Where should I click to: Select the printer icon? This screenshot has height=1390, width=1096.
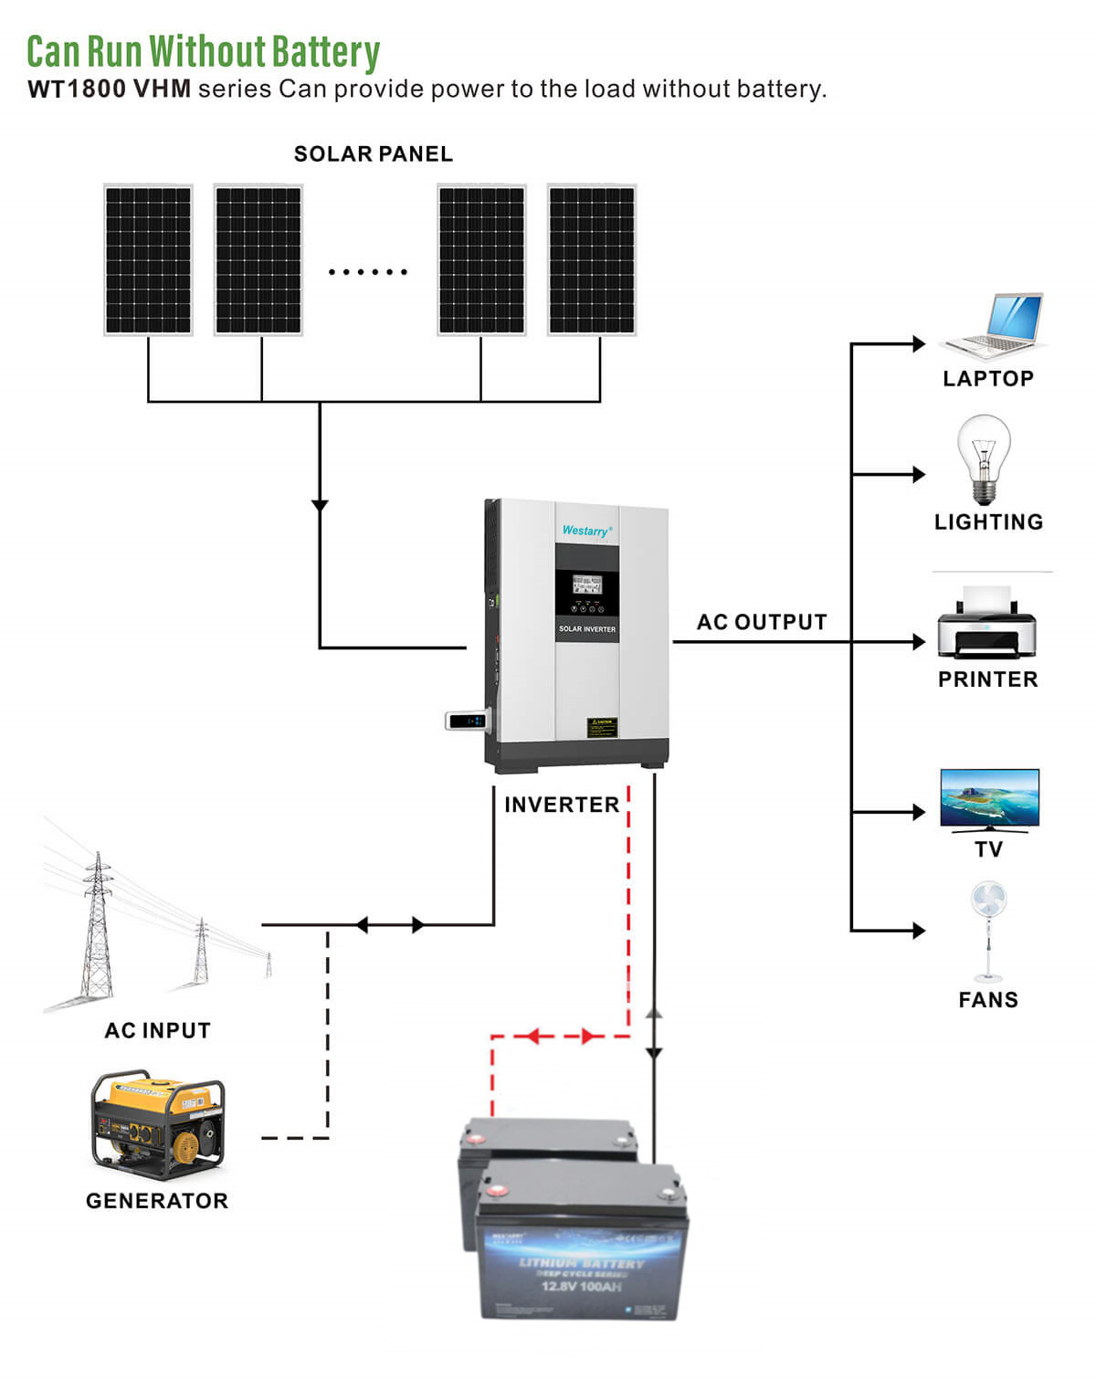coord(986,625)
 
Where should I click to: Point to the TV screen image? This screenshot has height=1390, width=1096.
coord(989,796)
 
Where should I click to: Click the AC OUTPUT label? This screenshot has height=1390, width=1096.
coord(762,622)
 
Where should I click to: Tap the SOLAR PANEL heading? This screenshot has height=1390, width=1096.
coord(373,154)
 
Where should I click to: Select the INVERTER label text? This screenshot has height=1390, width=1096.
coord(562,805)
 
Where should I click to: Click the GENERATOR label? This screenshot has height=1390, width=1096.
coord(157,1201)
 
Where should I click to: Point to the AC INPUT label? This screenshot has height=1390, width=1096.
coord(157,1030)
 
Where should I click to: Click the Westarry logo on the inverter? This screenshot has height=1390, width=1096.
coord(586,531)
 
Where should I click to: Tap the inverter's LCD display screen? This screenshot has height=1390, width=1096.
coord(586,585)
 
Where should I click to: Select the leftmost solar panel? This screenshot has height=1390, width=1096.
coord(148,260)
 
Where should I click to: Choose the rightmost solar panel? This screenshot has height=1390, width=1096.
coord(592,260)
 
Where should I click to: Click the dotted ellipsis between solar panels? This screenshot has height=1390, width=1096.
coord(367,271)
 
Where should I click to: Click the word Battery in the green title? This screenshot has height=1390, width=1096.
coord(325,52)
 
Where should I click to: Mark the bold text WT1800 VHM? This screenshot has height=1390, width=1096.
coord(110,90)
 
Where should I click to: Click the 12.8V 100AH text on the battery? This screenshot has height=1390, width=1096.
coord(581,1287)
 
